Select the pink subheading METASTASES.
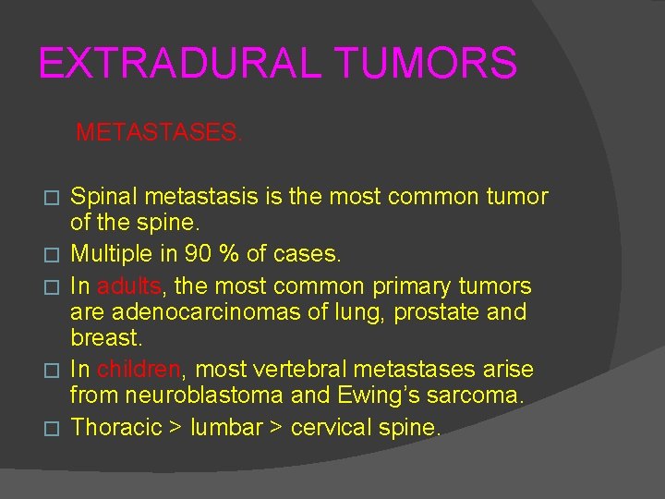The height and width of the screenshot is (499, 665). [159, 133]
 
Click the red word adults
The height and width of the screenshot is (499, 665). [128, 286]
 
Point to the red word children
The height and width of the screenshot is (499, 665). [139, 370]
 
